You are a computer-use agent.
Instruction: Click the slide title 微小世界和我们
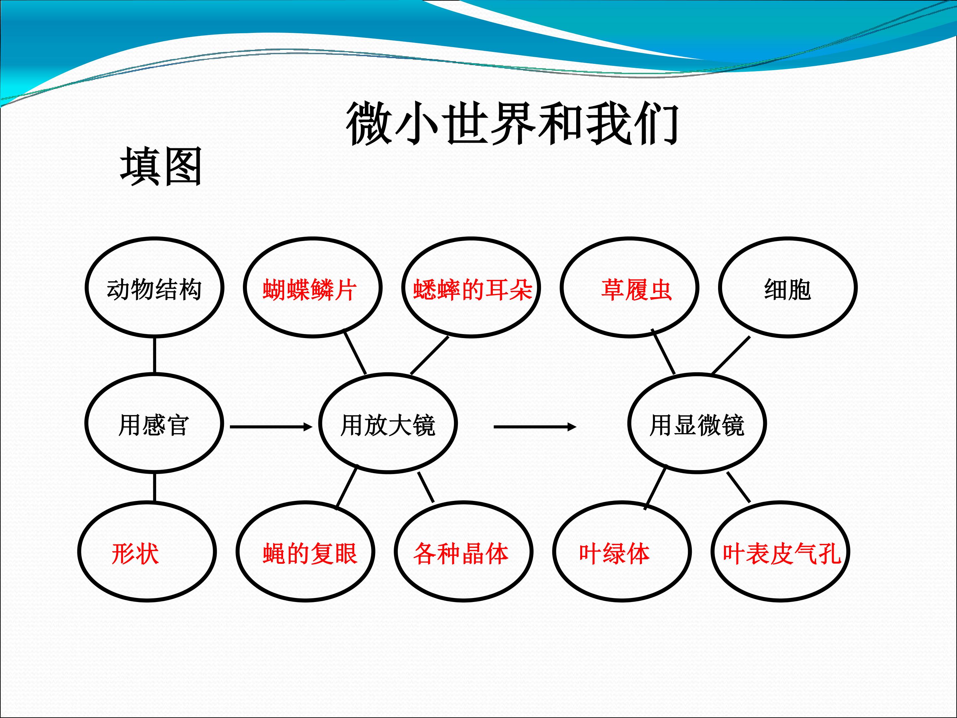[512, 124]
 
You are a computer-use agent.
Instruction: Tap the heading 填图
[161, 167]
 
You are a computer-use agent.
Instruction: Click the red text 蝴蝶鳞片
[310, 290]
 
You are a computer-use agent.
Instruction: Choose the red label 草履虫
[636, 290]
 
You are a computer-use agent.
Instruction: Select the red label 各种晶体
[461, 553]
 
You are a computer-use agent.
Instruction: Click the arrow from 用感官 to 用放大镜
[271, 427]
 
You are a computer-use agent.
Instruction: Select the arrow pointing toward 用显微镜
[535, 427]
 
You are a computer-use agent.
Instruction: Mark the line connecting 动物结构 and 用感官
[155, 355]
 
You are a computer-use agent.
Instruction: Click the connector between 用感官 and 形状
[155, 487]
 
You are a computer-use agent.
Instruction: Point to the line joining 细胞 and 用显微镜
[731, 355]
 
